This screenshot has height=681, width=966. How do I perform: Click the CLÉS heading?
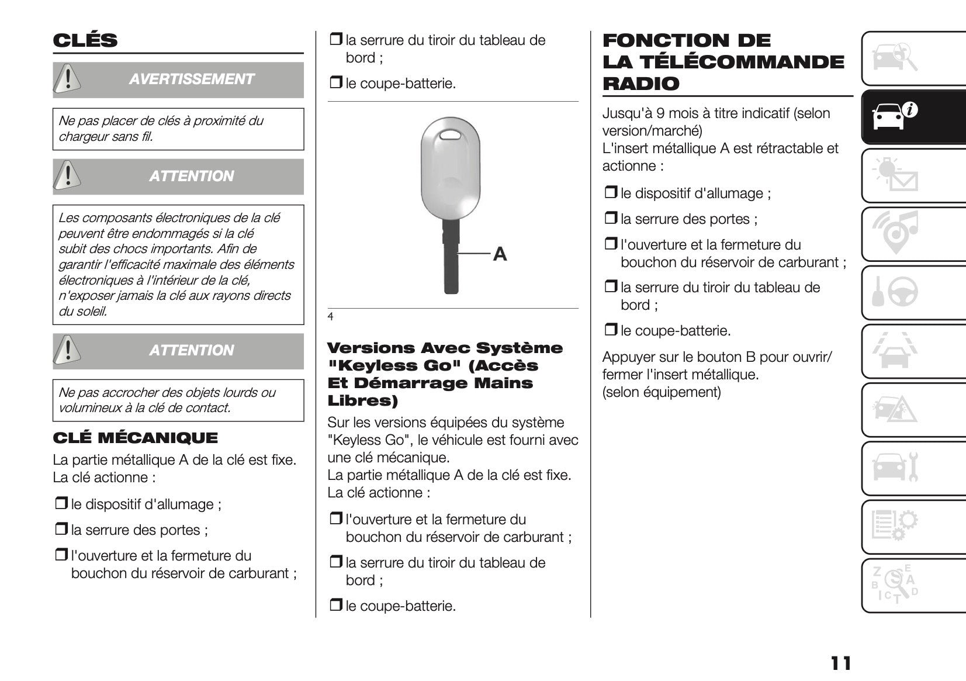[85, 40]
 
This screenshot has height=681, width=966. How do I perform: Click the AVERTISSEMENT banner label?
[191, 79]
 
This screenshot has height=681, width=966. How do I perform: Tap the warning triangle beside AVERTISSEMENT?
[68, 79]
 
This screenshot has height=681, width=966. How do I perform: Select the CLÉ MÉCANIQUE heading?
[135, 438]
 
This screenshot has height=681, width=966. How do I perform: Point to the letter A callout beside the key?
[500, 254]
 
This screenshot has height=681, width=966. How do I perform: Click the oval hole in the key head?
[451, 136]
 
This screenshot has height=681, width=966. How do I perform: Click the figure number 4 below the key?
[330, 317]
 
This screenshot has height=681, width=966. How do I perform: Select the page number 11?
[840, 663]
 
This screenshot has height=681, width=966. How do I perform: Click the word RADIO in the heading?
[641, 84]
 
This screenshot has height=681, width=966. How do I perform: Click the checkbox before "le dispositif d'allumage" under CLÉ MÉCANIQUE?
[61, 504]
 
